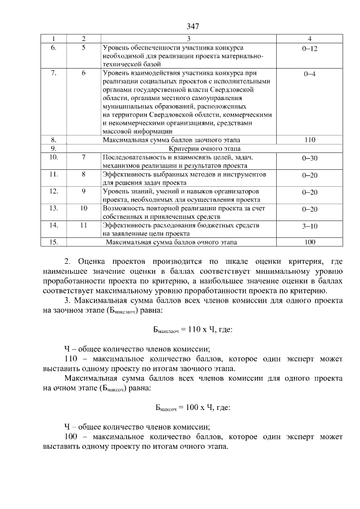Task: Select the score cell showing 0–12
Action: tap(309, 49)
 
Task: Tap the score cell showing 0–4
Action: tap(309, 74)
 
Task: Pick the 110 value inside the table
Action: tap(309, 140)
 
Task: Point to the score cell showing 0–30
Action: tap(309, 159)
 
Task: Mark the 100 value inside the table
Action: tap(309, 242)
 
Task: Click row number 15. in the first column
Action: tap(54, 242)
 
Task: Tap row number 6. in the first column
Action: tap(54, 49)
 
